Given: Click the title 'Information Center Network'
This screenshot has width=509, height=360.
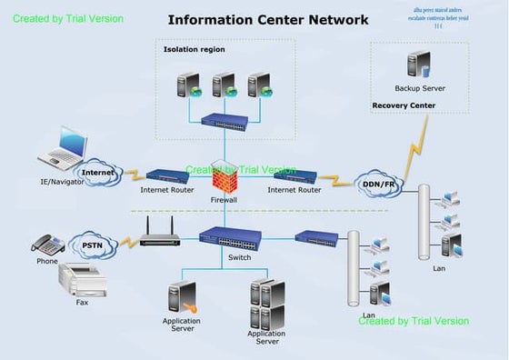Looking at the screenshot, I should coord(268,19).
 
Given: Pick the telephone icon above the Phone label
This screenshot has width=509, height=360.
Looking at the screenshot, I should coord(47,244).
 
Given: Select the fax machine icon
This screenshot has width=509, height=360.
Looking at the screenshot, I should coord(83,279).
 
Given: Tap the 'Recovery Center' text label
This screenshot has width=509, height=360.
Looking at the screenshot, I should coord(404,105).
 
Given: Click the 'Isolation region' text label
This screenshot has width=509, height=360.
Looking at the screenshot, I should coord(194,49).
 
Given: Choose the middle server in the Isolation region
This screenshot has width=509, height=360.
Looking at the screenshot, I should coord(224,85).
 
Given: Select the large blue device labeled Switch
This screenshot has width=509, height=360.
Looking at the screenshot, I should coord(230,239).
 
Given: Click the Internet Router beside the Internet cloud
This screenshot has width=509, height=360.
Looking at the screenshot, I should coord(167,175).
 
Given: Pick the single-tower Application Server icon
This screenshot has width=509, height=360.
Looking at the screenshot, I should coord(182,298).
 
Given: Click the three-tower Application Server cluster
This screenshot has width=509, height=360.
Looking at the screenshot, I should coord(267,304).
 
